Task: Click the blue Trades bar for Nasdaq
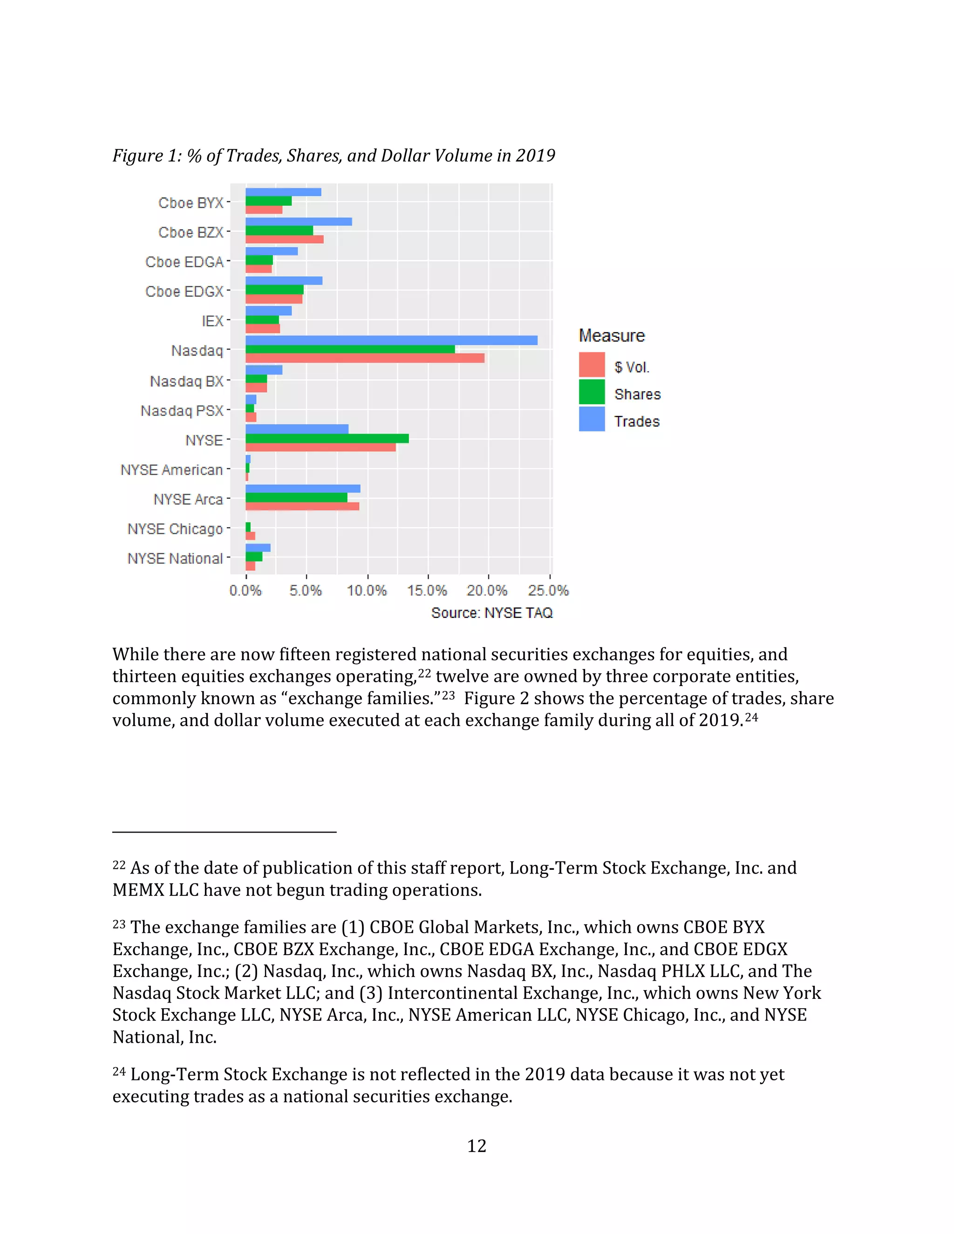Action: click(391, 340)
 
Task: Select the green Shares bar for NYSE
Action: click(327, 439)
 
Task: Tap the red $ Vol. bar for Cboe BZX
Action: click(284, 239)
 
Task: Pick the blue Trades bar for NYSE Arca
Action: click(302, 489)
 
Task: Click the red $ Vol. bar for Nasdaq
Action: click(365, 358)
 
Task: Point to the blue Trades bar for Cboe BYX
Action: click(283, 192)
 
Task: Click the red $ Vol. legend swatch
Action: click(592, 365)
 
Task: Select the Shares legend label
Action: click(638, 394)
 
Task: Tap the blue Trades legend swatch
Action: click(592, 419)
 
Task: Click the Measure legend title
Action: click(612, 336)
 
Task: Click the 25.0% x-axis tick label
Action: click(548, 591)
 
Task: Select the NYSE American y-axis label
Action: click(172, 470)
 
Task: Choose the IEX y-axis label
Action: click(212, 321)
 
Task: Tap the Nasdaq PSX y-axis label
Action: click(182, 411)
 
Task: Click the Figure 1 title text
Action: click(334, 156)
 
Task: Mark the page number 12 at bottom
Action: click(477, 1146)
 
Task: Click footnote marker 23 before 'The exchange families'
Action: click(119, 924)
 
